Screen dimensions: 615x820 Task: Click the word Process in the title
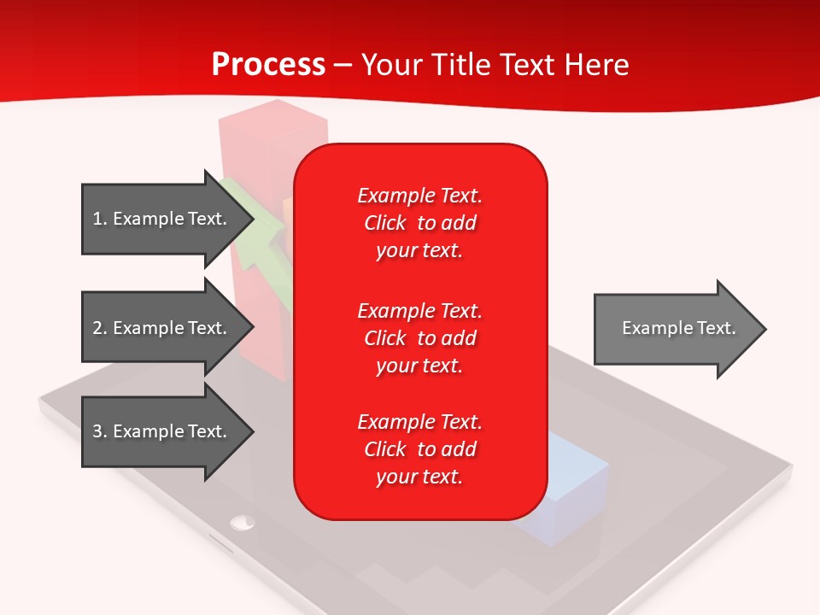coord(268,65)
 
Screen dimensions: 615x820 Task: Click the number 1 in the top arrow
coord(97,219)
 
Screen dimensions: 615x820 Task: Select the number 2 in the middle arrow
coord(97,328)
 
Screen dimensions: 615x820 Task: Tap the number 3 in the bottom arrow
coord(97,431)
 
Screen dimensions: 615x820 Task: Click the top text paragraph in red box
coord(419,223)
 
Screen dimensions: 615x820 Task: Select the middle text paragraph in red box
coord(419,338)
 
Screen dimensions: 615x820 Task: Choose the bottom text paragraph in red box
coord(419,449)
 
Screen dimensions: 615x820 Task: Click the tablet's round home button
coord(243,520)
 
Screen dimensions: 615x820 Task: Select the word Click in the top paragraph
coord(384,223)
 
